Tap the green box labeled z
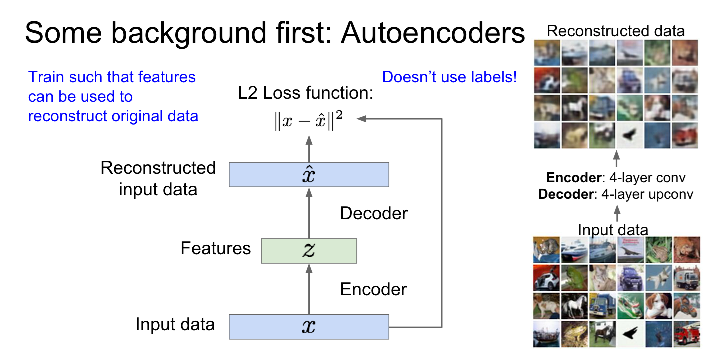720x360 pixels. click(x=309, y=251)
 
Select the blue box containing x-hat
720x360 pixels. click(x=309, y=174)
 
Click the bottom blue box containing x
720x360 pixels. click(x=309, y=327)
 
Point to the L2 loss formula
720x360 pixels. click(x=309, y=122)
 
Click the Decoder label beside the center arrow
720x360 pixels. click(x=374, y=214)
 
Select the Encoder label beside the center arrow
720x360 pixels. click(x=374, y=289)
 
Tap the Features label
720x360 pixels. click(x=216, y=248)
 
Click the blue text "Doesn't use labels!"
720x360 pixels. click(x=449, y=77)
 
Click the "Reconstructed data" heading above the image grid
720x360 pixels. click(x=616, y=31)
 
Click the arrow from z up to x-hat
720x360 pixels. click(x=309, y=212)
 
